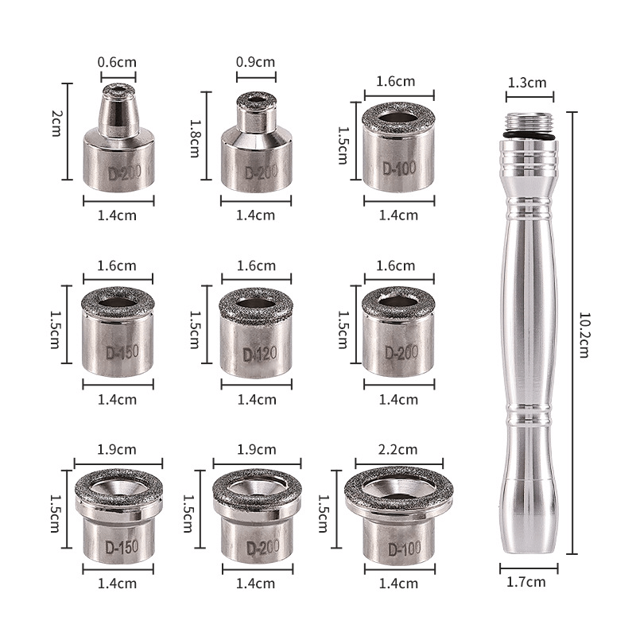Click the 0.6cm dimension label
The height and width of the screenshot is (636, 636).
click(117, 62)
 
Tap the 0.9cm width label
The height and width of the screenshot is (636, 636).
click(255, 62)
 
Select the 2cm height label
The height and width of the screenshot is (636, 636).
click(56, 123)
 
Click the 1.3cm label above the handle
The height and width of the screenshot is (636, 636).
click(527, 83)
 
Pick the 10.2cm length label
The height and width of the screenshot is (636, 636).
click(584, 335)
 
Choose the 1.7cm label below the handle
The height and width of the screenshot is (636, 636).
click(526, 582)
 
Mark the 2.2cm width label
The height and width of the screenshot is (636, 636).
click(397, 449)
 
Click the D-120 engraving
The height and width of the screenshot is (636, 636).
click(260, 354)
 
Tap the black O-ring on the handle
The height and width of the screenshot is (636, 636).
click(529, 135)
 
